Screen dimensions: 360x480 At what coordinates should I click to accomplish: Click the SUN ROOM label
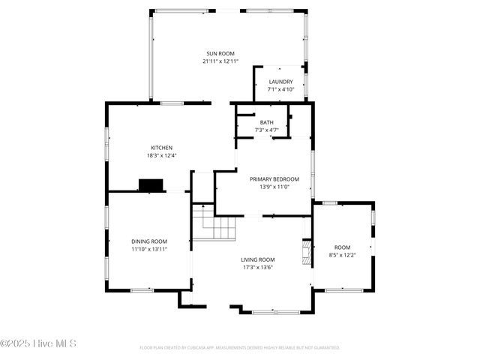pyautogui.click(x=220, y=54)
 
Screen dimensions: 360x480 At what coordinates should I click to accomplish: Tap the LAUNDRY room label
pyautogui.click(x=280, y=82)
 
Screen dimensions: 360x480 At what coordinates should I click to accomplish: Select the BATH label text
pyautogui.click(x=267, y=122)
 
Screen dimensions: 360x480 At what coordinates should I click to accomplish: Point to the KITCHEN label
pyautogui.click(x=162, y=148)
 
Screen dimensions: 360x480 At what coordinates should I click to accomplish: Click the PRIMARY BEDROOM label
pyautogui.click(x=274, y=179)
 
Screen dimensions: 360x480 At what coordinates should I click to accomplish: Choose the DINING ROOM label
pyautogui.click(x=149, y=241)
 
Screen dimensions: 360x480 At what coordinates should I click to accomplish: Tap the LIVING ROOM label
pyautogui.click(x=258, y=259)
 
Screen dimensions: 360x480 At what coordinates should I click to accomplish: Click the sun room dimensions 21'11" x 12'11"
pyautogui.click(x=220, y=61)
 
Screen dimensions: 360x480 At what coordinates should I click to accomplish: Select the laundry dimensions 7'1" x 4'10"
pyautogui.click(x=280, y=89)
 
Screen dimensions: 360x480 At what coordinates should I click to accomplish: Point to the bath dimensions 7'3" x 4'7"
pyautogui.click(x=267, y=130)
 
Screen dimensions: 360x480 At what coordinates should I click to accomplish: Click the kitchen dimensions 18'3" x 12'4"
pyautogui.click(x=162, y=155)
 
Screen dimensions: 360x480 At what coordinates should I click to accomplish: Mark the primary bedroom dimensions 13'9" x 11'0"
pyautogui.click(x=274, y=187)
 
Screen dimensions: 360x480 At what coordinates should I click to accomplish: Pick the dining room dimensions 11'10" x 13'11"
pyautogui.click(x=149, y=248)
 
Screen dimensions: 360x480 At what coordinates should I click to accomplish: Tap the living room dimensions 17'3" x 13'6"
pyautogui.click(x=258, y=267)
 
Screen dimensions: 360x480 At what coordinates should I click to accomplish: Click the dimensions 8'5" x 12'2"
pyautogui.click(x=342, y=255)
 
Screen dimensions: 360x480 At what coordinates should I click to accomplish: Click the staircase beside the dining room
pyautogui.click(x=214, y=223)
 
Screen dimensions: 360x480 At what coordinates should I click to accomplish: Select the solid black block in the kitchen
pyautogui.click(x=151, y=184)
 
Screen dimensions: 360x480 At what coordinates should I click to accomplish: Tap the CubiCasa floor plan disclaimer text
pyautogui.click(x=240, y=348)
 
